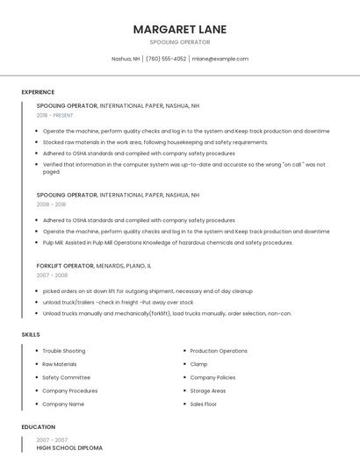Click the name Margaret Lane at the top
180,29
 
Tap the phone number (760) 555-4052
166,59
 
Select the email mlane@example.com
220,59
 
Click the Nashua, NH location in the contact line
126,59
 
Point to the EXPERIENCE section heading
38,92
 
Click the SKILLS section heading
30,334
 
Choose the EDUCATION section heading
38,427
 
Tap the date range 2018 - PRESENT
55,115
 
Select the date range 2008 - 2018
51,204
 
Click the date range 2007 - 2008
51,275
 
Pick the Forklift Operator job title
65,265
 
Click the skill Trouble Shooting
64,351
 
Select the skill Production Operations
219,351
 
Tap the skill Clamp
198,364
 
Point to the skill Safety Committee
66,377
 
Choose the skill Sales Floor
204,404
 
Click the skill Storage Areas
208,391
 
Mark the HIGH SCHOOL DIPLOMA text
69,447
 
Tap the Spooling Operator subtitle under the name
180,42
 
